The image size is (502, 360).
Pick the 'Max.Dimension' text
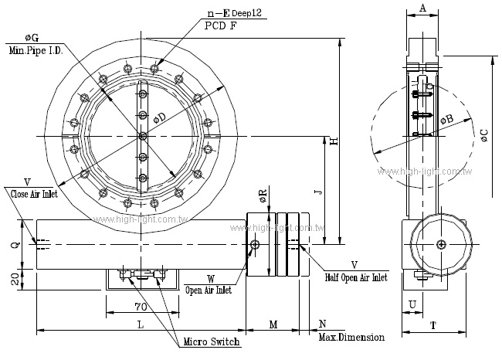click(351, 338)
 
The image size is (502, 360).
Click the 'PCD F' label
click(222, 25)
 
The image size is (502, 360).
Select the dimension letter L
click(140, 325)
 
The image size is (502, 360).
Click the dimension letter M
click(273, 325)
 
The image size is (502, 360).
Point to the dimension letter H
click(334, 141)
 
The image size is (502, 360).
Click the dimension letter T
click(433, 326)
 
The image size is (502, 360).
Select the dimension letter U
click(412, 305)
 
